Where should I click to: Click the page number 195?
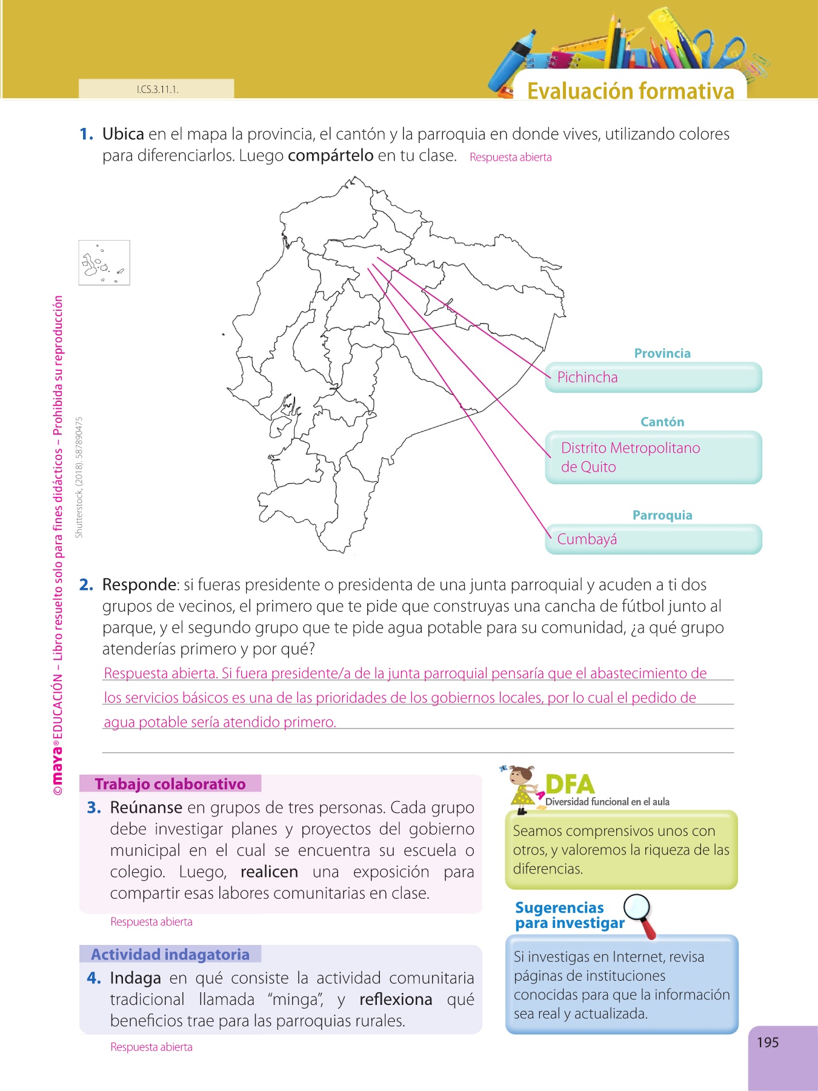pos(768,1043)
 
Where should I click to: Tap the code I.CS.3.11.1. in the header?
pos(158,90)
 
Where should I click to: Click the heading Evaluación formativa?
pos(630,91)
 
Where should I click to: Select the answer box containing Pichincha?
pos(653,378)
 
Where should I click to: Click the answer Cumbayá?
pos(587,539)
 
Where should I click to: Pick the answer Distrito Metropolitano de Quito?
pos(630,457)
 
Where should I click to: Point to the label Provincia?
pos(662,353)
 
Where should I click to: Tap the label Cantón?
pos(662,422)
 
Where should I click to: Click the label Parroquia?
pos(662,515)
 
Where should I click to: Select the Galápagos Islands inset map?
pos(104,263)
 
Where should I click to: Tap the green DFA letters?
pos(570,784)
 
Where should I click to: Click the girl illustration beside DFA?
pos(522,788)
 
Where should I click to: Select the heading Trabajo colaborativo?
pos(170,784)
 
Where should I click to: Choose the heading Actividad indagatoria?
pos(170,954)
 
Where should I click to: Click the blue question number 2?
pos(86,585)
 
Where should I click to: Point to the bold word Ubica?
pos(123,134)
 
